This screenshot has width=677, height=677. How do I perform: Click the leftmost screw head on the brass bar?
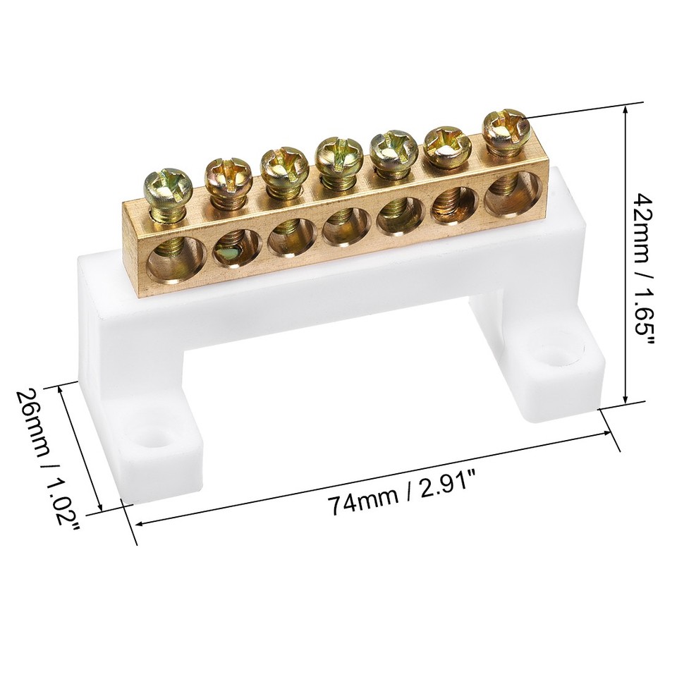pyautogui.click(x=167, y=184)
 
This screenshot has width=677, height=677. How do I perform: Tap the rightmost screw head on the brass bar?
pyautogui.click(x=506, y=128)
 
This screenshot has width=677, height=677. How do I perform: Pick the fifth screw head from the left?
pyautogui.click(x=394, y=145)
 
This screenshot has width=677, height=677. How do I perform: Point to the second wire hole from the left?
pyautogui.click(x=233, y=248)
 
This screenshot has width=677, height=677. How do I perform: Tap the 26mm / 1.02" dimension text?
pyautogui.click(x=52, y=459)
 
